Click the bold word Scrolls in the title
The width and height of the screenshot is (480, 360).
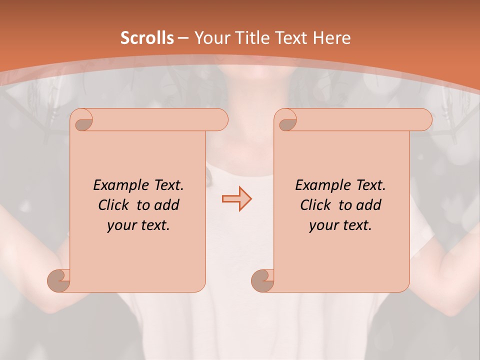(x=147, y=38)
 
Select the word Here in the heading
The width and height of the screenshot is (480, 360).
(x=331, y=38)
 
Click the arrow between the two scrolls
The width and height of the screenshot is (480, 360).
(x=236, y=199)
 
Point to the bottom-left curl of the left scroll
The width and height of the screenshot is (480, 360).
(x=59, y=280)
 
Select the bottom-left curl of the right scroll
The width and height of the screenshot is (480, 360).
(x=262, y=280)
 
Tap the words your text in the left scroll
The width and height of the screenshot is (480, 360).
(x=138, y=225)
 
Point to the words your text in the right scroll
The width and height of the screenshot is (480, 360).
(x=340, y=225)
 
